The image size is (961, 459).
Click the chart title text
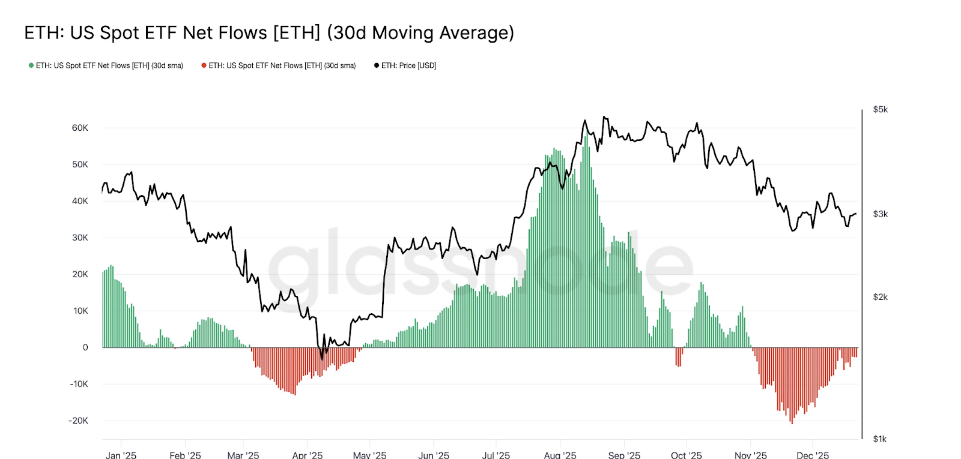(269, 32)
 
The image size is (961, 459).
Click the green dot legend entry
(106, 65)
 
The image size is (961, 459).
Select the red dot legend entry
(279, 65)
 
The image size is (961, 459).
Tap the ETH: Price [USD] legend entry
(405, 65)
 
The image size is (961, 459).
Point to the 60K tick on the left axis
(80, 128)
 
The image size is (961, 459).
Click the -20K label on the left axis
(78, 421)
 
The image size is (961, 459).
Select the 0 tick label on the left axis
(85, 347)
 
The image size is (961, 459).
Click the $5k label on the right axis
(880, 110)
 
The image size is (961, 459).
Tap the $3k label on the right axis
(880, 214)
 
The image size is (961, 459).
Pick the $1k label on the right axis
(880, 439)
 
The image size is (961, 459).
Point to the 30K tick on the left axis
(80, 238)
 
